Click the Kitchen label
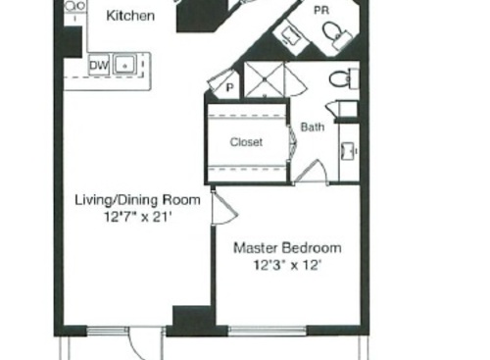coord(129,16)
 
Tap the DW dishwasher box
coord(99,66)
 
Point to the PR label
coord(320,9)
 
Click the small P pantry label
coord(229,85)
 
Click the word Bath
coord(313,127)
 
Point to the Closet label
coord(246,142)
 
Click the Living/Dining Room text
coord(137,200)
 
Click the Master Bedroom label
coord(287,248)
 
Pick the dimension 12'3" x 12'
coord(287,265)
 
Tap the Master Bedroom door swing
coord(221,208)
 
